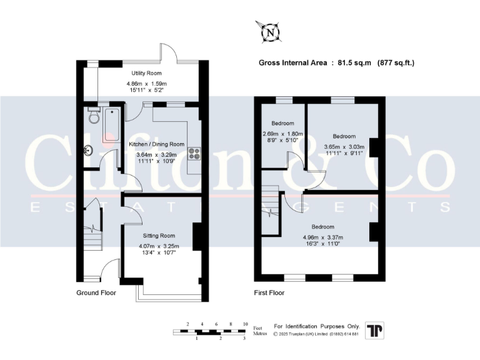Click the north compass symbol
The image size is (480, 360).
pyautogui.click(x=270, y=30)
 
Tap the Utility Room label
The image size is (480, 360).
pyautogui.click(x=142, y=73)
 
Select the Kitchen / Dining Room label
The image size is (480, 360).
pyautogui.click(x=156, y=144)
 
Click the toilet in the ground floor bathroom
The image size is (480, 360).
pyautogui.click(x=93, y=117)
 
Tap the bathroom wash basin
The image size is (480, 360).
pyautogui.click(x=89, y=150)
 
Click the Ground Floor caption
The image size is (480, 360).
pyautogui.click(x=97, y=292)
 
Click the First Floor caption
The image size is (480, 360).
pyautogui.click(x=269, y=292)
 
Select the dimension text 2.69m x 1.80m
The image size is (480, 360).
pyautogui.click(x=282, y=134)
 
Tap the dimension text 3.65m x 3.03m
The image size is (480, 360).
pyautogui.click(x=344, y=147)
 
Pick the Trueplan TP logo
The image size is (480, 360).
pyautogui.click(x=375, y=331)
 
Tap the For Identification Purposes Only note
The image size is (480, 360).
pyautogui.click(x=317, y=326)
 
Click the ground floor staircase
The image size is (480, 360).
pyautogui.click(x=92, y=234)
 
